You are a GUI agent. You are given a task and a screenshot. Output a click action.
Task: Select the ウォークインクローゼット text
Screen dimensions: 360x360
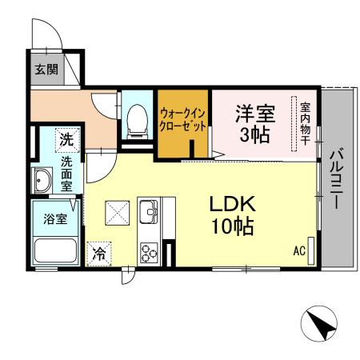click(x=183, y=120)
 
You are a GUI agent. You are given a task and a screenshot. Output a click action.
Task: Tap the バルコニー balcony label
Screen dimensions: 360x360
click(x=338, y=178)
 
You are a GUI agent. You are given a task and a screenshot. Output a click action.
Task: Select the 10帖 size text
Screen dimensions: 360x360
click(x=232, y=226)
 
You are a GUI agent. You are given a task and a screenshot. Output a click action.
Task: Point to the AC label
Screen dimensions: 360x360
click(x=298, y=252)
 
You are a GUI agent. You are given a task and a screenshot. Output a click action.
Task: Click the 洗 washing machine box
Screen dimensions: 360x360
click(x=67, y=139)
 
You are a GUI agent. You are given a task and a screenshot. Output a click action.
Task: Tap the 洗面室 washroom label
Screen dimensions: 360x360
click(x=66, y=172)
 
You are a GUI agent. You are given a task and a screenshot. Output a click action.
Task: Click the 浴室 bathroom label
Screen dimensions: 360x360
click(x=53, y=218)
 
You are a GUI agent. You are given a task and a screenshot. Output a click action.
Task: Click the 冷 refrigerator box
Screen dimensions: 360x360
click(x=99, y=254)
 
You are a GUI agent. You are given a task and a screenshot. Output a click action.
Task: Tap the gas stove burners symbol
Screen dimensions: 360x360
click(x=149, y=251)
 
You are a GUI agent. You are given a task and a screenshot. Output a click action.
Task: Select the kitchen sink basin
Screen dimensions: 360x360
click(x=150, y=213)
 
